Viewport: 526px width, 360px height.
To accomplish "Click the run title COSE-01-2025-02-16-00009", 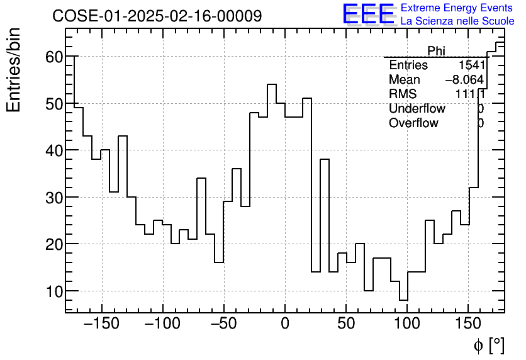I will tap(157, 16).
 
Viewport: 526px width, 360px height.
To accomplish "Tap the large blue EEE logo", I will tap(368, 14).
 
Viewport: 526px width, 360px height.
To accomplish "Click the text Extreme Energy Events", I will tap(457, 8).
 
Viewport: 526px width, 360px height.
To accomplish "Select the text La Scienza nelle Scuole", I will tap(457, 21).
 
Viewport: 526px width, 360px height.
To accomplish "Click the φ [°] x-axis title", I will tap(489, 345).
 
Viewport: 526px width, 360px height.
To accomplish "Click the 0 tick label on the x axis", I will tap(285, 324).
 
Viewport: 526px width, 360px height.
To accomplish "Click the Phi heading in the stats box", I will tap(436, 51).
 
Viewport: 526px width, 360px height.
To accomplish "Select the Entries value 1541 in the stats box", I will tap(471, 65).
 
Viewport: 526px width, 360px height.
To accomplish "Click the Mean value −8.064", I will tap(464, 80).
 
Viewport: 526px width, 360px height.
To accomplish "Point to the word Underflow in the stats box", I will tap(417, 109).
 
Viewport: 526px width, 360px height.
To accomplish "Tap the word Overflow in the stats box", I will tap(413, 123).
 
